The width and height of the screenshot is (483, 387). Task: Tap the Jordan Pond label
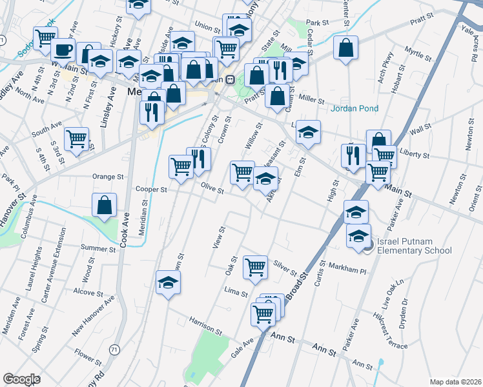(355, 108)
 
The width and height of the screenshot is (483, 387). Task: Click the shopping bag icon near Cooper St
(105, 206)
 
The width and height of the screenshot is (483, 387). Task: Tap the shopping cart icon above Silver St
(256, 266)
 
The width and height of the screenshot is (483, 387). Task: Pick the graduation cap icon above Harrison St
(168, 283)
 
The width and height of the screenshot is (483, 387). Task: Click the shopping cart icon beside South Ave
(77, 139)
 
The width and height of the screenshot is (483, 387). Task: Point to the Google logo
(21, 379)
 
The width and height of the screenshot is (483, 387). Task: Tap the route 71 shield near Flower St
(114, 349)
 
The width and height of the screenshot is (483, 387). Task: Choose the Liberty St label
(415, 155)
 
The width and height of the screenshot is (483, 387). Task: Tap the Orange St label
(108, 176)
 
